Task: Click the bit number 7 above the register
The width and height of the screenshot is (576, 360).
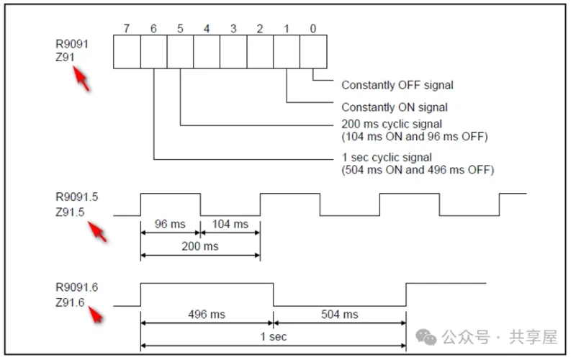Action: click(127, 29)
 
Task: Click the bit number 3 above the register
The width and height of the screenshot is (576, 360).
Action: click(233, 29)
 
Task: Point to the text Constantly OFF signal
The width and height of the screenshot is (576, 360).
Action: click(397, 85)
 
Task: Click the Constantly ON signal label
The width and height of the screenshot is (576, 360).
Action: click(395, 107)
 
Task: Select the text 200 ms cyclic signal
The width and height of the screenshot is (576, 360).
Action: click(392, 125)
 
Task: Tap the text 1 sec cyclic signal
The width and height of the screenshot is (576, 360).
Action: click(387, 157)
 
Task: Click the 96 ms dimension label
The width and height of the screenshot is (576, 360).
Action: click(170, 224)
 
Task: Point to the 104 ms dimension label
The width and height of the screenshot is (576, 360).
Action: click(230, 224)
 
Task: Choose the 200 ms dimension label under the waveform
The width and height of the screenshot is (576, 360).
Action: click(199, 246)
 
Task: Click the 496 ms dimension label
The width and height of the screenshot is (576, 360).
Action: click(207, 314)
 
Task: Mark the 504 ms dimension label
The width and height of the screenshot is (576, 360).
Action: click(339, 314)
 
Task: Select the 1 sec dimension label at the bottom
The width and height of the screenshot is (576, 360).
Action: click(273, 336)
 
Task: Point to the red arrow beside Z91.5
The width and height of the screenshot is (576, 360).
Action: click(98, 232)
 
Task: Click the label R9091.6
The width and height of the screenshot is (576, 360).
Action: click(76, 287)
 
